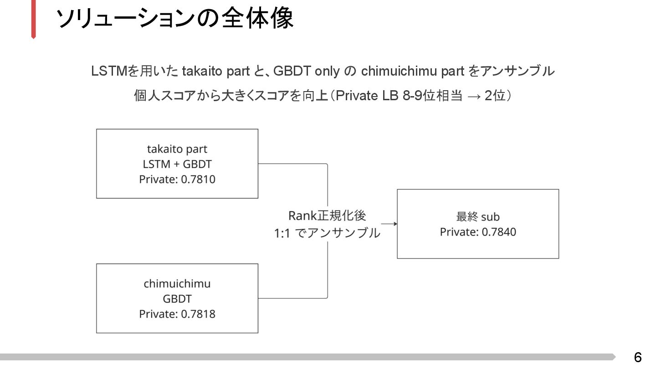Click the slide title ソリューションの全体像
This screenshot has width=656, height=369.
(175, 19)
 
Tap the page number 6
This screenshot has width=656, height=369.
(638, 357)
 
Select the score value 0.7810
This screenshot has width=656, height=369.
(198, 179)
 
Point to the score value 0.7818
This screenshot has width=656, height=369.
(198, 314)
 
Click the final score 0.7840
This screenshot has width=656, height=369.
(499, 232)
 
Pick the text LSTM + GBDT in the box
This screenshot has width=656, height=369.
(177, 164)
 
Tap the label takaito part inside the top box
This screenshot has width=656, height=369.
(177, 149)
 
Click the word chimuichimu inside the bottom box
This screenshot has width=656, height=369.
(177, 284)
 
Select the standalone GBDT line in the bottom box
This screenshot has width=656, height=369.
(177, 299)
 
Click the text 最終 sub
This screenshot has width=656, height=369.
(478, 217)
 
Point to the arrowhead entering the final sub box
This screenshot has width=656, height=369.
(395, 224)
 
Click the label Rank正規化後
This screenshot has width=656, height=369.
(327, 215)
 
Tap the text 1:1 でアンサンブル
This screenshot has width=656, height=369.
(327, 233)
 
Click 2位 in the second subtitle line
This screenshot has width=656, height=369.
(495, 96)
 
